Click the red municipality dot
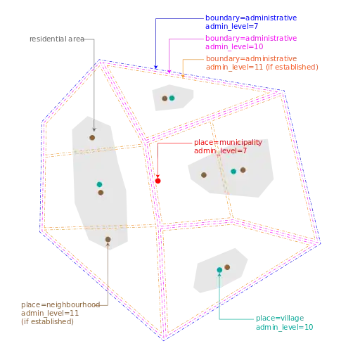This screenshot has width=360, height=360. pos(157,181)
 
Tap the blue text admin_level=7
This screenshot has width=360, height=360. pos(231,26)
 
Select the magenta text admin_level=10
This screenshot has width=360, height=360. pos(234,46)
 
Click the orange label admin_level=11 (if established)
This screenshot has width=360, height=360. pos(262,67)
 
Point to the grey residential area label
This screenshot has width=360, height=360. pos(57,39)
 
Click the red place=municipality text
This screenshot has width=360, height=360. pos(228,143)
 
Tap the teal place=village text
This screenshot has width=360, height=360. pos(280,318)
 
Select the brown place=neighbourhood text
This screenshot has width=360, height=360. pos(60,304)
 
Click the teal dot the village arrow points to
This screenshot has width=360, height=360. pos(219,270)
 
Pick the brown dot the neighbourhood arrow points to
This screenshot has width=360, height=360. pos(108,239)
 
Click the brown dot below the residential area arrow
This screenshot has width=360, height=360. pos(92,138)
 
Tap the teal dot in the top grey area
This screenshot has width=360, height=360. pos(172,98)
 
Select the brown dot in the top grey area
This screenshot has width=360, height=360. pos(165,98)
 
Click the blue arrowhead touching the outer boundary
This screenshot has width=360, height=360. pos(156,67)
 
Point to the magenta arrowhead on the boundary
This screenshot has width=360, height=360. pos(169,71)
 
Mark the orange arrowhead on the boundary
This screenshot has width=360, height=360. pos(183,76)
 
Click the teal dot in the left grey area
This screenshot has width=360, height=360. pos(99,184)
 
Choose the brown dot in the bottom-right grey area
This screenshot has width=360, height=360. pos(227,267)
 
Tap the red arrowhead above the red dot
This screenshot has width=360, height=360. pos(157,176)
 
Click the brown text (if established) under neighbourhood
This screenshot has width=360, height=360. pos(47,321)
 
